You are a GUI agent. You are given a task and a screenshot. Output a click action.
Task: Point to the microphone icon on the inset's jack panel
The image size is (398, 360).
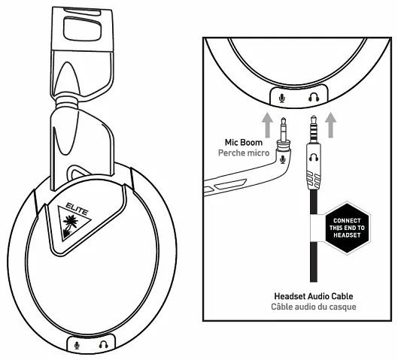pyautogui.click(x=283, y=96)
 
